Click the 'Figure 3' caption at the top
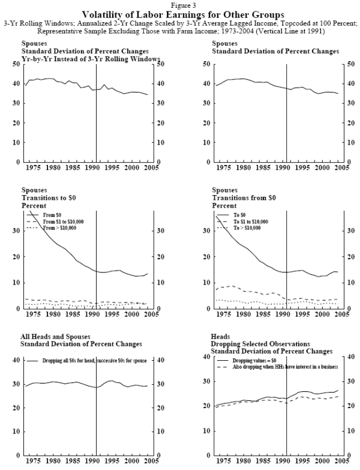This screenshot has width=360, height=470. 179,5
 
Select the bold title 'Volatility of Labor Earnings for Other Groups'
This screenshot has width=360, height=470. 179,13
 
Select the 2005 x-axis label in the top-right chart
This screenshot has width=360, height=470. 341,169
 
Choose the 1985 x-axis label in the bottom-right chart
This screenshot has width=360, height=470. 269,462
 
